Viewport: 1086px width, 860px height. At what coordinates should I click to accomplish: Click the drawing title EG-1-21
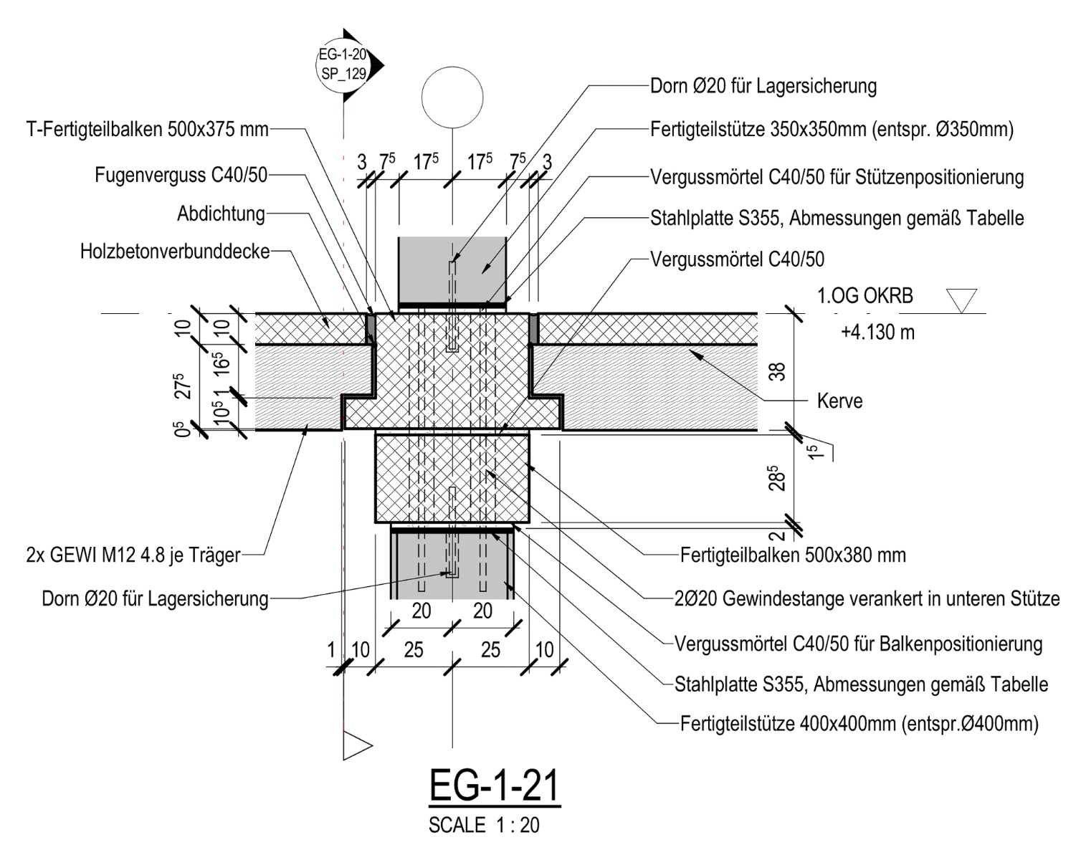pos(493,787)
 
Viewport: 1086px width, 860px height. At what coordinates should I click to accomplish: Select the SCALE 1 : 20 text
pos(484,825)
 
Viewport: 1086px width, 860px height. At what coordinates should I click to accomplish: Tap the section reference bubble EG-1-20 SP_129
pos(343,64)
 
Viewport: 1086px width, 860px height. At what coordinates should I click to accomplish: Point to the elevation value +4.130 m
pos(877,333)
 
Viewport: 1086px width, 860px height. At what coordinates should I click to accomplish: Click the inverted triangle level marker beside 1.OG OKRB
pos(961,300)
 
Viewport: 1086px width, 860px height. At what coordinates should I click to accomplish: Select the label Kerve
pos(839,401)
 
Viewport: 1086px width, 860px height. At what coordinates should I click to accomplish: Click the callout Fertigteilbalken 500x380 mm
pos(793,555)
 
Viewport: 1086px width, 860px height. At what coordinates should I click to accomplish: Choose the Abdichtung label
pos(221,214)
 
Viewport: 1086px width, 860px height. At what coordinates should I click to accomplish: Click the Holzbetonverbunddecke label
pos(175,252)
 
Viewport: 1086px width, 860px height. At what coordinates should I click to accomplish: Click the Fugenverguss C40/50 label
pos(181,175)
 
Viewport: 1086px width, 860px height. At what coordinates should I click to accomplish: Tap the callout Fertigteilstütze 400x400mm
pos(859,723)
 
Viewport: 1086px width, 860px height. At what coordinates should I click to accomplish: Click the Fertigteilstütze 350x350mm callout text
pos(832,130)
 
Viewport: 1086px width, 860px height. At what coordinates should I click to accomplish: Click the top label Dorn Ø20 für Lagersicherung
pos(763,87)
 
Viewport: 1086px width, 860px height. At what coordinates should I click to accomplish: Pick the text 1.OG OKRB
pos(864,295)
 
